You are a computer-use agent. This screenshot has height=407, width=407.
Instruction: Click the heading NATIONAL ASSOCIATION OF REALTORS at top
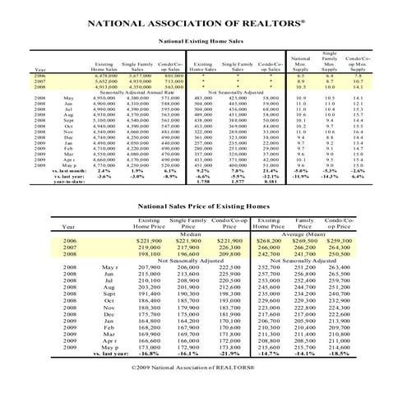pyautogui.click(x=203, y=23)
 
